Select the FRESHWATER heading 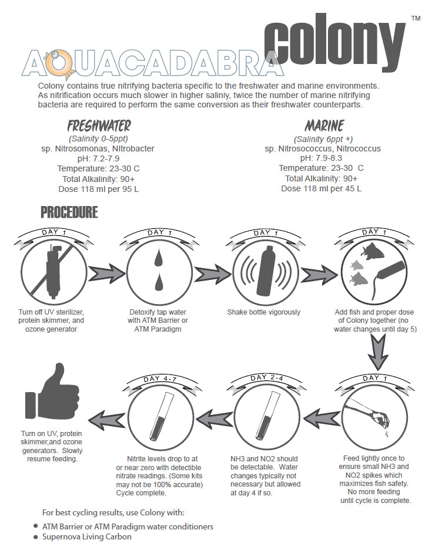click(x=99, y=126)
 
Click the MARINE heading click(x=324, y=126)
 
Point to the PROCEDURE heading click(x=69, y=212)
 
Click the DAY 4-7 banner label click(x=156, y=379)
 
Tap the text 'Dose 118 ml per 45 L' click(x=321, y=188)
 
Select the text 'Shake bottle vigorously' click(x=263, y=312)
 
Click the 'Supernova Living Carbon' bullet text click(x=86, y=536)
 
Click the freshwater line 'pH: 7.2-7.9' click(x=99, y=158)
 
